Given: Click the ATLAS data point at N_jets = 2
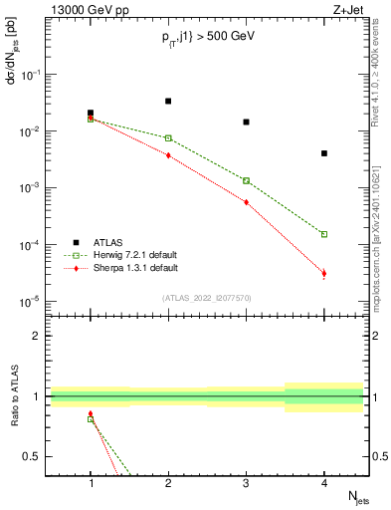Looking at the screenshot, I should click(x=168, y=101).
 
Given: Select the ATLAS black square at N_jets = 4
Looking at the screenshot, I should click(x=324, y=153).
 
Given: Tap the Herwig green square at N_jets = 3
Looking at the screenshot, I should click(x=246, y=180).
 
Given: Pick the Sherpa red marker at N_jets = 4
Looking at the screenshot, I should click(x=324, y=273).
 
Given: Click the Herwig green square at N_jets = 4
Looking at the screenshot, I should click(x=324, y=234).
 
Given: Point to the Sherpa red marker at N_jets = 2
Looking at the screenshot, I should click(x=168, y=155).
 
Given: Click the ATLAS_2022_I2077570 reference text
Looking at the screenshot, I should click(x=206, y=297).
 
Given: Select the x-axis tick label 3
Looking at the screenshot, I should click(x=246, y=484).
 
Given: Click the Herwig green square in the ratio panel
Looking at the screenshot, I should click(x=91, y=419).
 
